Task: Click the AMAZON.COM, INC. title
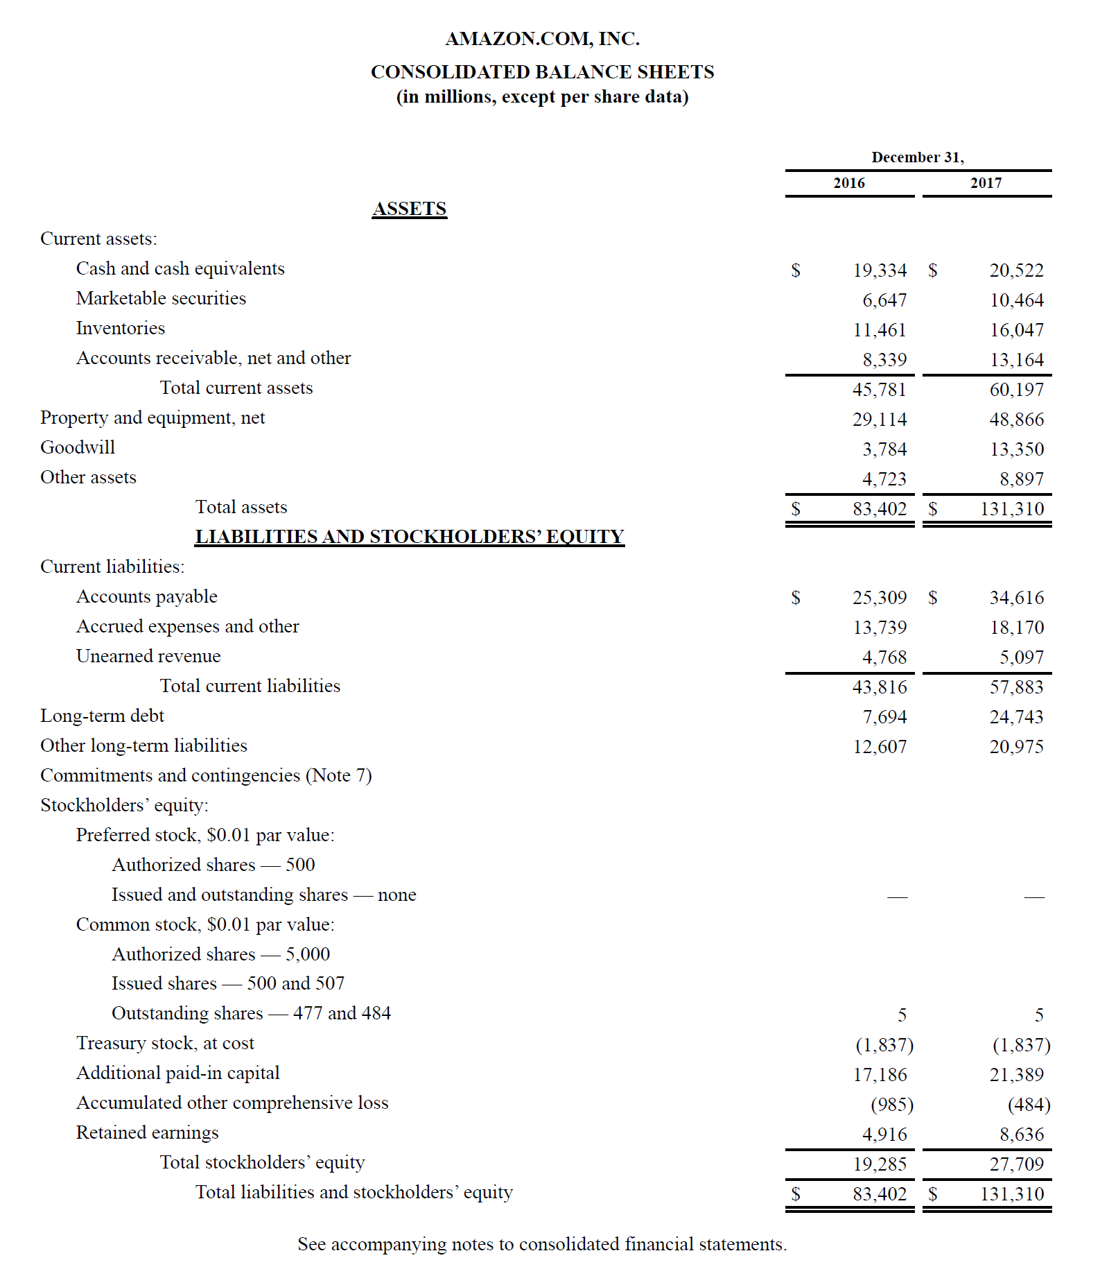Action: coord(542,39)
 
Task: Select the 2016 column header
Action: coord(848,183)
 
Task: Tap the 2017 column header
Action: coord(986,183)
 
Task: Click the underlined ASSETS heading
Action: coord(409,209)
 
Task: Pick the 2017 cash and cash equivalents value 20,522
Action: coord(1016,270)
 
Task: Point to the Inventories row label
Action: coord(121,328)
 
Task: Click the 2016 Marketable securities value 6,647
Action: coord(884,300)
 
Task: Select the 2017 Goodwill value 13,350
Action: coord(1016,449)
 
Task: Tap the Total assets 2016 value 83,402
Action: coord(879,509)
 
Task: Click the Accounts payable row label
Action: coord(147,596)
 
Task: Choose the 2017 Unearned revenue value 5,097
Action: coord(1021,657)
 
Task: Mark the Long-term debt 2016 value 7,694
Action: coord(884,717)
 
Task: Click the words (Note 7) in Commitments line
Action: coord(339,775)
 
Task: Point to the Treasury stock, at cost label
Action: coord(165,1043)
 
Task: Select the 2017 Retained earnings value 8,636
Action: coord(1021,1135)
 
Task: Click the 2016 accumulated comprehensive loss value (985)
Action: coord(891,1105)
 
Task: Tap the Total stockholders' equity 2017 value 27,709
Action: coord(1016,1164)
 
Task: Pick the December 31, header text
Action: coord(917,157)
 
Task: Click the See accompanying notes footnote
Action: coord(542,1244)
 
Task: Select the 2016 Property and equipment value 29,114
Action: coord(879,420)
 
